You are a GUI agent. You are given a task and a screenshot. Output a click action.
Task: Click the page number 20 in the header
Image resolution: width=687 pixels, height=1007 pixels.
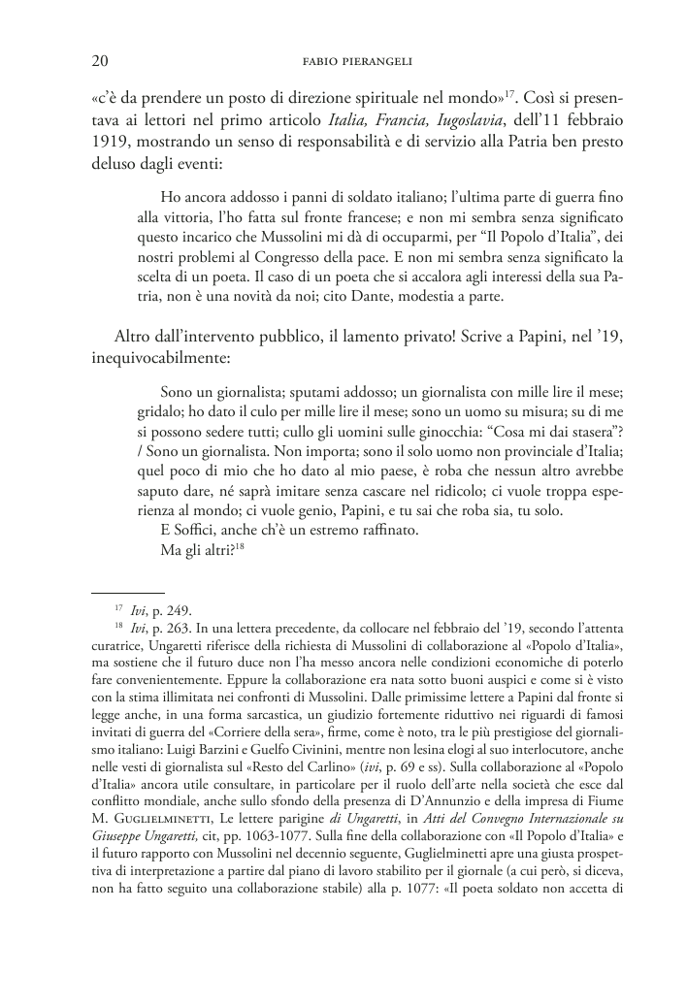[98, 63]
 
